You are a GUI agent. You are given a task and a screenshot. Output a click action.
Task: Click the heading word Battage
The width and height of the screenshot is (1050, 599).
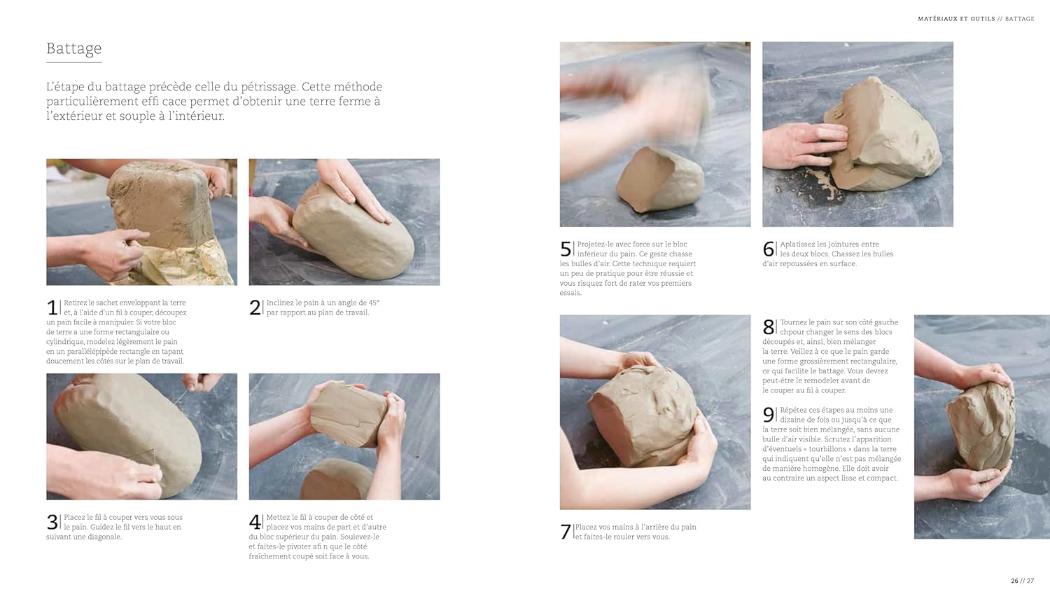[74, 49]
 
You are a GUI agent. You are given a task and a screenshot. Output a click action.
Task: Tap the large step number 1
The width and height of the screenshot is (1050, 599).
[52, 308]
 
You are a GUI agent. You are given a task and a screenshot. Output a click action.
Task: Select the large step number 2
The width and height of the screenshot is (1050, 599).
[255, 308]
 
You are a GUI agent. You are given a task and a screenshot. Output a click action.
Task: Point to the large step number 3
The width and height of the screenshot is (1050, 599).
[52, 522]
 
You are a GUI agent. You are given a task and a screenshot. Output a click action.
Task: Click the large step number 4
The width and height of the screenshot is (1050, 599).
[255, 522]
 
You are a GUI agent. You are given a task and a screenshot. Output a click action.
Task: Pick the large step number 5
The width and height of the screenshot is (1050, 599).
[566, 249]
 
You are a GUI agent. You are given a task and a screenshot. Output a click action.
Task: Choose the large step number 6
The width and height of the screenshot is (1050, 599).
[769, 249]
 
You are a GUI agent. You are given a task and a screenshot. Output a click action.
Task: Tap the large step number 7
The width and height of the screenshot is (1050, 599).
[566, 532]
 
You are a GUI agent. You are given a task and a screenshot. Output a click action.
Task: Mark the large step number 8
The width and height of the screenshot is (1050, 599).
[769, 327]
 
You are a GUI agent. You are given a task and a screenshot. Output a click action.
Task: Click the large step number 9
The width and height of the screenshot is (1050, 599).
[769, 415]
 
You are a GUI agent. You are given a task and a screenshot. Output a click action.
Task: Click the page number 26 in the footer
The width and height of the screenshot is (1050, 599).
[1014, 581]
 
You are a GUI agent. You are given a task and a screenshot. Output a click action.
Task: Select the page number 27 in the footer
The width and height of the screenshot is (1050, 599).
[1030, 581]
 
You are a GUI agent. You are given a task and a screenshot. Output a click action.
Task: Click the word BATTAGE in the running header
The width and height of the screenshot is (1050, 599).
[1019, 19]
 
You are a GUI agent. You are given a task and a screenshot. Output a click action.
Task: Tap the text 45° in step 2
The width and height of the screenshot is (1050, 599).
[374, 303]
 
